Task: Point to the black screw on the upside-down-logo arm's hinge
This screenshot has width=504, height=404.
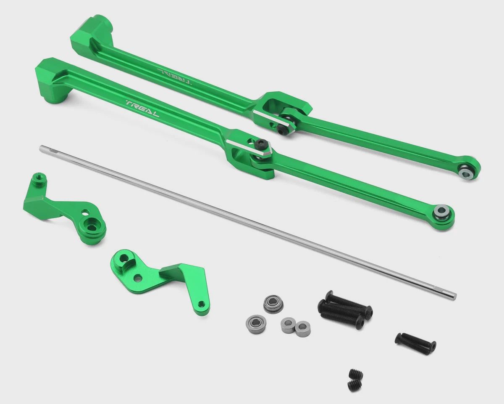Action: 281,128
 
